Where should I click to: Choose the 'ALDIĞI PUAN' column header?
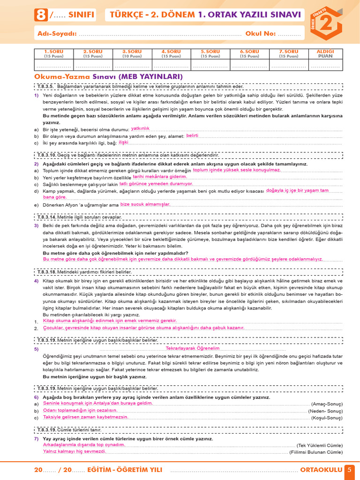(x=325, y=53)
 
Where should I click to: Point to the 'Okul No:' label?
(x=261, y=34)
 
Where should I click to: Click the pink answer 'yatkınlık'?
(x=140, y=128)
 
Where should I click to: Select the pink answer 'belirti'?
(x=192, y=135)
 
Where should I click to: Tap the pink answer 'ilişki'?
(x=123, y=142)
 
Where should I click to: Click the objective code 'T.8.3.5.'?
(x=46, y=86)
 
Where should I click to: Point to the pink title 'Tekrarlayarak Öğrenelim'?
(x=193, y=349)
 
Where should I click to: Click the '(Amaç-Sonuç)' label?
(x=327, y=404)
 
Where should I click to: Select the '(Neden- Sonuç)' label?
(x=325, y=411)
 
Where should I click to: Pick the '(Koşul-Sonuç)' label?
(x=327, y=418)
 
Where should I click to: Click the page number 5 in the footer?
(x=349, y=470)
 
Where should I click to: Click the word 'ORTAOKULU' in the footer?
(x=321, y=470)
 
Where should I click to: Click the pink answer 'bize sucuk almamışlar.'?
(x=145, y=204)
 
